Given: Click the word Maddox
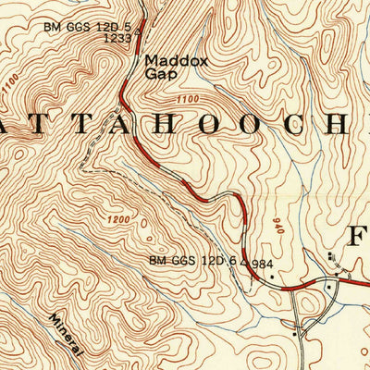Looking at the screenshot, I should (166, 63).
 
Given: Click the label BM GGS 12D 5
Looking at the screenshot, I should (88, 26).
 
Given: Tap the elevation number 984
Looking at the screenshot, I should (264, 265).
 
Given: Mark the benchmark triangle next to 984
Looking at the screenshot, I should (246, 264).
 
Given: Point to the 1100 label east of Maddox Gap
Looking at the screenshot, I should (186, 99).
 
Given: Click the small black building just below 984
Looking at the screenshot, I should (273, 277).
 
